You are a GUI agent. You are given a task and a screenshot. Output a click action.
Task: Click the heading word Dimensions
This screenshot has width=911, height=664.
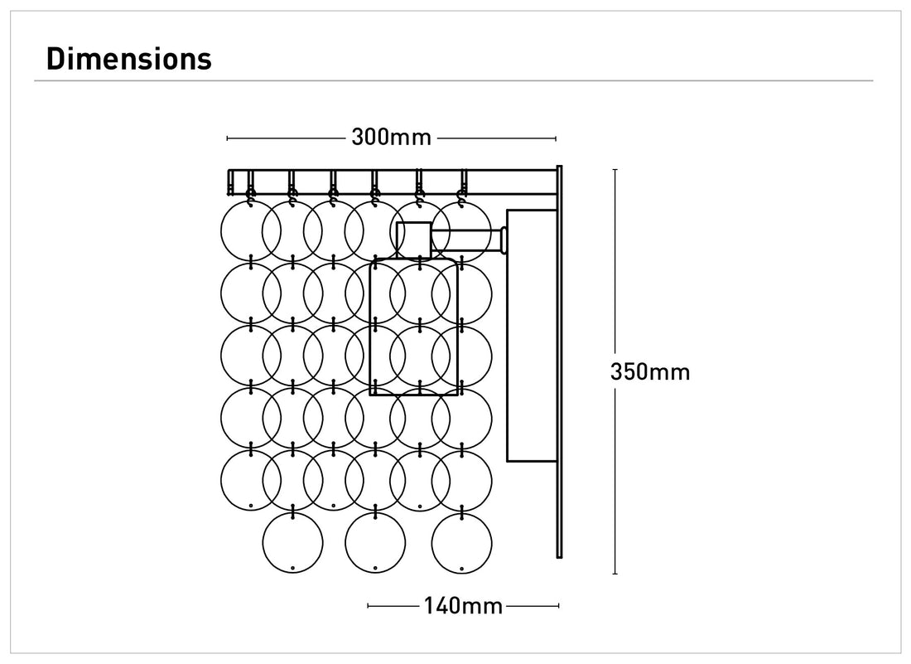point(129,59)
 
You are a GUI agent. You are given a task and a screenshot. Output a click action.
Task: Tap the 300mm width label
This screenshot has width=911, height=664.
point(391,138)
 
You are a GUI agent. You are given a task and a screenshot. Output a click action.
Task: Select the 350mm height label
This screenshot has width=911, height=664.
point(649,372)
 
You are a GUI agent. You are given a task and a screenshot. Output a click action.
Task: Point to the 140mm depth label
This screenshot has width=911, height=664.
point(463,606)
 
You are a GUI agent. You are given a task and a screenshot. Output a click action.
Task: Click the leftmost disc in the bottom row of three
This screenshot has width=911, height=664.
point(292,542)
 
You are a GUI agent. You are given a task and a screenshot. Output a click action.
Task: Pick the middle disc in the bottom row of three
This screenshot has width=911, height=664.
point(375,542)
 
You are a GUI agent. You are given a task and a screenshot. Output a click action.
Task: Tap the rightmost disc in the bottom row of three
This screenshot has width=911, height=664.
point(461,542)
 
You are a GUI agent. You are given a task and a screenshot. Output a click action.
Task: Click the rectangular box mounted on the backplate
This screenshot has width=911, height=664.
point(531,335)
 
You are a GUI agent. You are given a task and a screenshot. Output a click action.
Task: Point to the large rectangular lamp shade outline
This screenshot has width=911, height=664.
point(413,327)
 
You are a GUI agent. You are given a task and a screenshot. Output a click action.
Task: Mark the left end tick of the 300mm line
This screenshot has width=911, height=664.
point(228,138)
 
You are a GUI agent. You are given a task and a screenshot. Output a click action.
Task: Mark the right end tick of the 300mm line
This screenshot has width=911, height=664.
point(556,138)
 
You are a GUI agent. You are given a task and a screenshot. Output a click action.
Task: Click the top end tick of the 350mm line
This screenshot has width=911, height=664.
point(615,169)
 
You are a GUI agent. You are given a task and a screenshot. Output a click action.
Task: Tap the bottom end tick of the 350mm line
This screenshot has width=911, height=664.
point(615,573)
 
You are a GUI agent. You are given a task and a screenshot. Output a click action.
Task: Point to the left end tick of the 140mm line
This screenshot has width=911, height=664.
point(369,606)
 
